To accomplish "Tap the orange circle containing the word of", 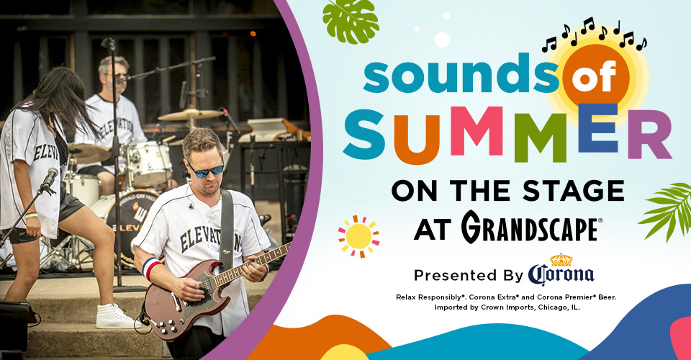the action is (x=596, y=76).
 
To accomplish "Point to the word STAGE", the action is (x=573, y=191).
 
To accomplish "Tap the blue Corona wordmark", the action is (x=561, y=274).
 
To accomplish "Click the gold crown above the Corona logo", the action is (x=561, y=260).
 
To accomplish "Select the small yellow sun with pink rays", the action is (x=358, y=237).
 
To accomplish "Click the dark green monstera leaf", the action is (x=351, y=21).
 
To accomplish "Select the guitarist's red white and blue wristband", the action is (x=151, y=269).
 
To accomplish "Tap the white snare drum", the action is (x=150, y=163).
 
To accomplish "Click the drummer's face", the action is (x=115, y=76).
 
